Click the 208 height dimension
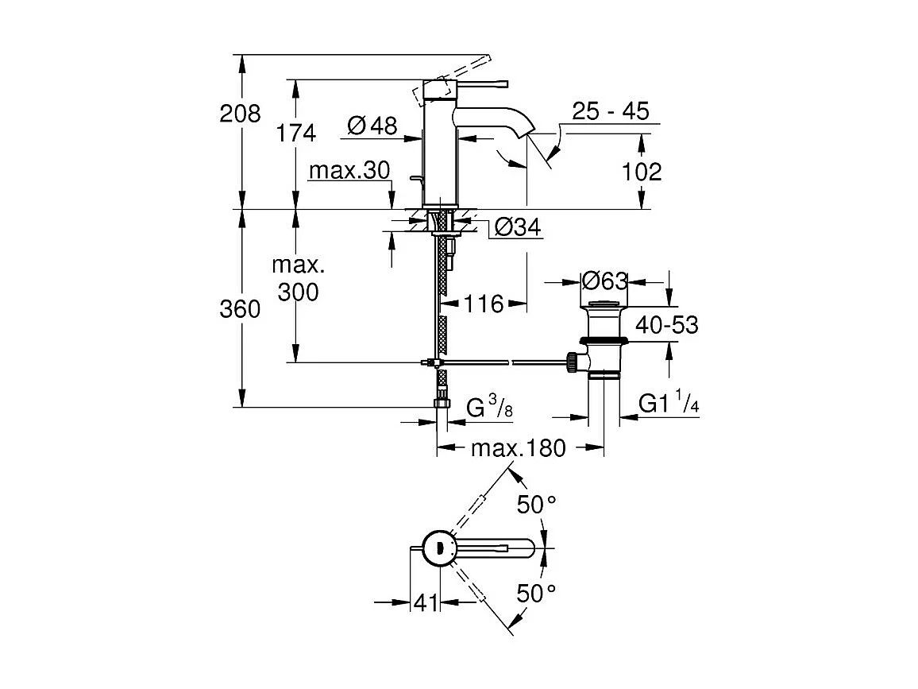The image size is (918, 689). click(x=240, y=114)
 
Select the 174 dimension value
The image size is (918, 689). click(x=296, y=133)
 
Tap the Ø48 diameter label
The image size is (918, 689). click(x=372, y=126)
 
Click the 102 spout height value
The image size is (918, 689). click(x=642, y=171)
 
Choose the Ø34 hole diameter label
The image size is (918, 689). click(x=517, y=228)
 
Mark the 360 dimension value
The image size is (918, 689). click(x=240, y=309)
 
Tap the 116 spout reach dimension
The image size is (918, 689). click(x=484, y=303)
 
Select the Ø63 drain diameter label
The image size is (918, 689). click(x=604, y=281)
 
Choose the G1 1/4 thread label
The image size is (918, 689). click(x=669, y=405)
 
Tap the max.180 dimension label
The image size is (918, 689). click(x=518, y=448)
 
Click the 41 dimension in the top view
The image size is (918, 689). click(x=426, y=604)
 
